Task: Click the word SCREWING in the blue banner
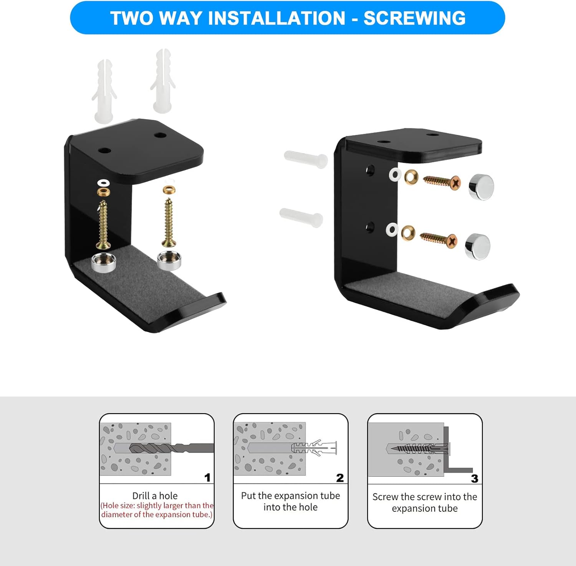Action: pyautogui.click(x=414, y=18)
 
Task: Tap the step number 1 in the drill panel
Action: pyautogui.click(x=207, y=478)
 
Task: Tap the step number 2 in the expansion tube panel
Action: pyautogui.click(x=340, y=478)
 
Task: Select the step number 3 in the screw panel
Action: pyautogui.click(x=475, y=478)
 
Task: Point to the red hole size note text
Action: pyautogui.click(x=157, y=510)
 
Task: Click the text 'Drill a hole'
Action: pyautogui.click(x=155, y=496)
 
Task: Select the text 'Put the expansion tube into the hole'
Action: pyautogui.click(x=291, y=501)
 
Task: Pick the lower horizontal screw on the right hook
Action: pyautogui.click(x=438, y=239)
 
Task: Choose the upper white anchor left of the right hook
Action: pyautogui.click(x=306, y=159)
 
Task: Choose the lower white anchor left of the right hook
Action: pyautogui.click(x=301, y=217)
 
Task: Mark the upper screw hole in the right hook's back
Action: pyautogui.click(x=370, y=170)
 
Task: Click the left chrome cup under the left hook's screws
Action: pyautogui.click(x=103, y=263)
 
